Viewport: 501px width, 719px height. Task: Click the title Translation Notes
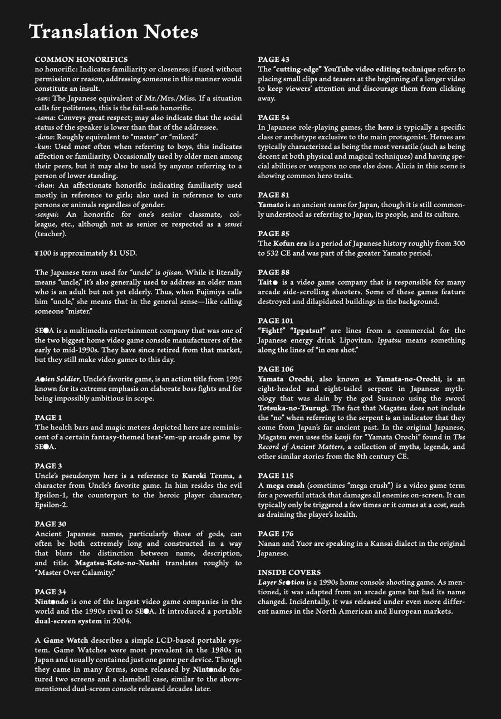[114, 32]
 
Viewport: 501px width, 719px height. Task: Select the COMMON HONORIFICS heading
[81, 59]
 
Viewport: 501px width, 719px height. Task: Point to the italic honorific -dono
[45, 136]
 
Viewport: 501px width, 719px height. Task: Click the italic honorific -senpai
[48, 214]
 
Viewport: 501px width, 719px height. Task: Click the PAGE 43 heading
[273, 60]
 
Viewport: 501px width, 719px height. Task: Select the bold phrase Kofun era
[292, 243]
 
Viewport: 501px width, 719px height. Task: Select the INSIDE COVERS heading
[289, 573]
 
